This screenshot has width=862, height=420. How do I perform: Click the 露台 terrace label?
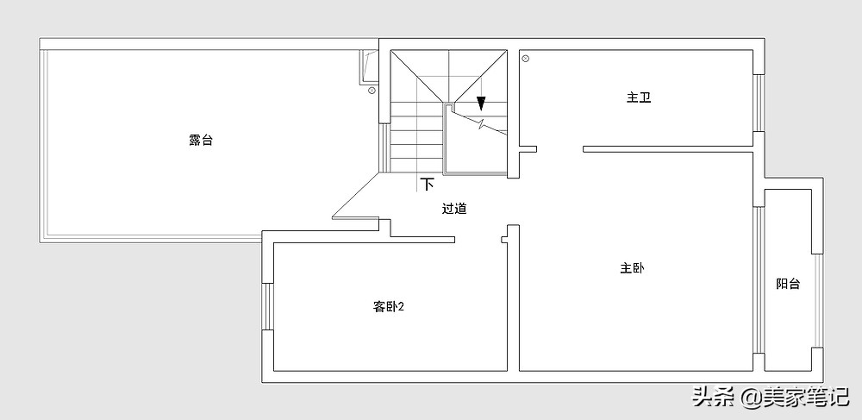(201, 141)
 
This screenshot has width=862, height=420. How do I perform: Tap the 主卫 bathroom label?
(639, 97)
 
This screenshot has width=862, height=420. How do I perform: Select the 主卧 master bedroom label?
(632, 269)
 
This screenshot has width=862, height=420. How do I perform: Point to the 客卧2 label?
(389, 307)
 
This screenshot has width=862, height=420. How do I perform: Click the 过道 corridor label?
(454, 209)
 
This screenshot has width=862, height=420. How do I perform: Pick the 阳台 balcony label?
(788, 284)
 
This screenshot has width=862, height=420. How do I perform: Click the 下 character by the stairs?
(428, 185)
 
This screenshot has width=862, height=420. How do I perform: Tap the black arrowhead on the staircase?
(481, 103)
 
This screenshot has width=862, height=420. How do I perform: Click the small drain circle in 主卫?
(526, 59)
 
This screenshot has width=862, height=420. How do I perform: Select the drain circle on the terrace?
(372, 91)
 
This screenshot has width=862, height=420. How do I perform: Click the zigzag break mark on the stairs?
(482, 123)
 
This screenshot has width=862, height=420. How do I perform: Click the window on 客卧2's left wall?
(268, 307)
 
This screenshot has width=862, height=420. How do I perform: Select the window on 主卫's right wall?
(759, 103)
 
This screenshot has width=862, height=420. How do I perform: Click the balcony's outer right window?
(818, 301)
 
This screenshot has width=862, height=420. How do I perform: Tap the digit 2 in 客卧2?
(402, 307)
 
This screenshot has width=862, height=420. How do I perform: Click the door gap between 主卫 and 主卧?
(559, 149)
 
